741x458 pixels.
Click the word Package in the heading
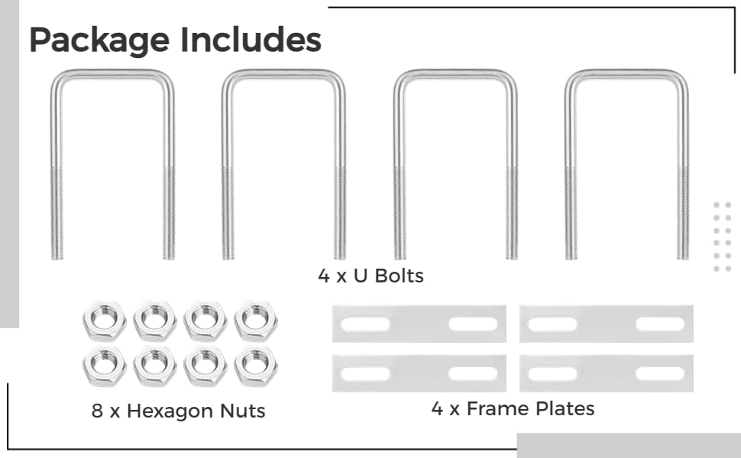pos(99,40)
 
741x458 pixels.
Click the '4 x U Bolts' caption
pos(371,276)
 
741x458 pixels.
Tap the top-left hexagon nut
pos(104,321)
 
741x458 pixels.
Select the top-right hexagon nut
pos(256,321)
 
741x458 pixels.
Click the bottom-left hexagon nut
pos(104,366)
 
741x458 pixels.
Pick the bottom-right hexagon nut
pos(256,366)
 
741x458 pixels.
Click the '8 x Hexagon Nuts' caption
pos(178,411)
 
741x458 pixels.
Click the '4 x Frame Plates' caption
pos(513,409)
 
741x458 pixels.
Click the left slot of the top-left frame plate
pos(365,324)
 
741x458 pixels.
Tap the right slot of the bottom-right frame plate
pos(660,373)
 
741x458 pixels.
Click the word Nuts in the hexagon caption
pos(242,411)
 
